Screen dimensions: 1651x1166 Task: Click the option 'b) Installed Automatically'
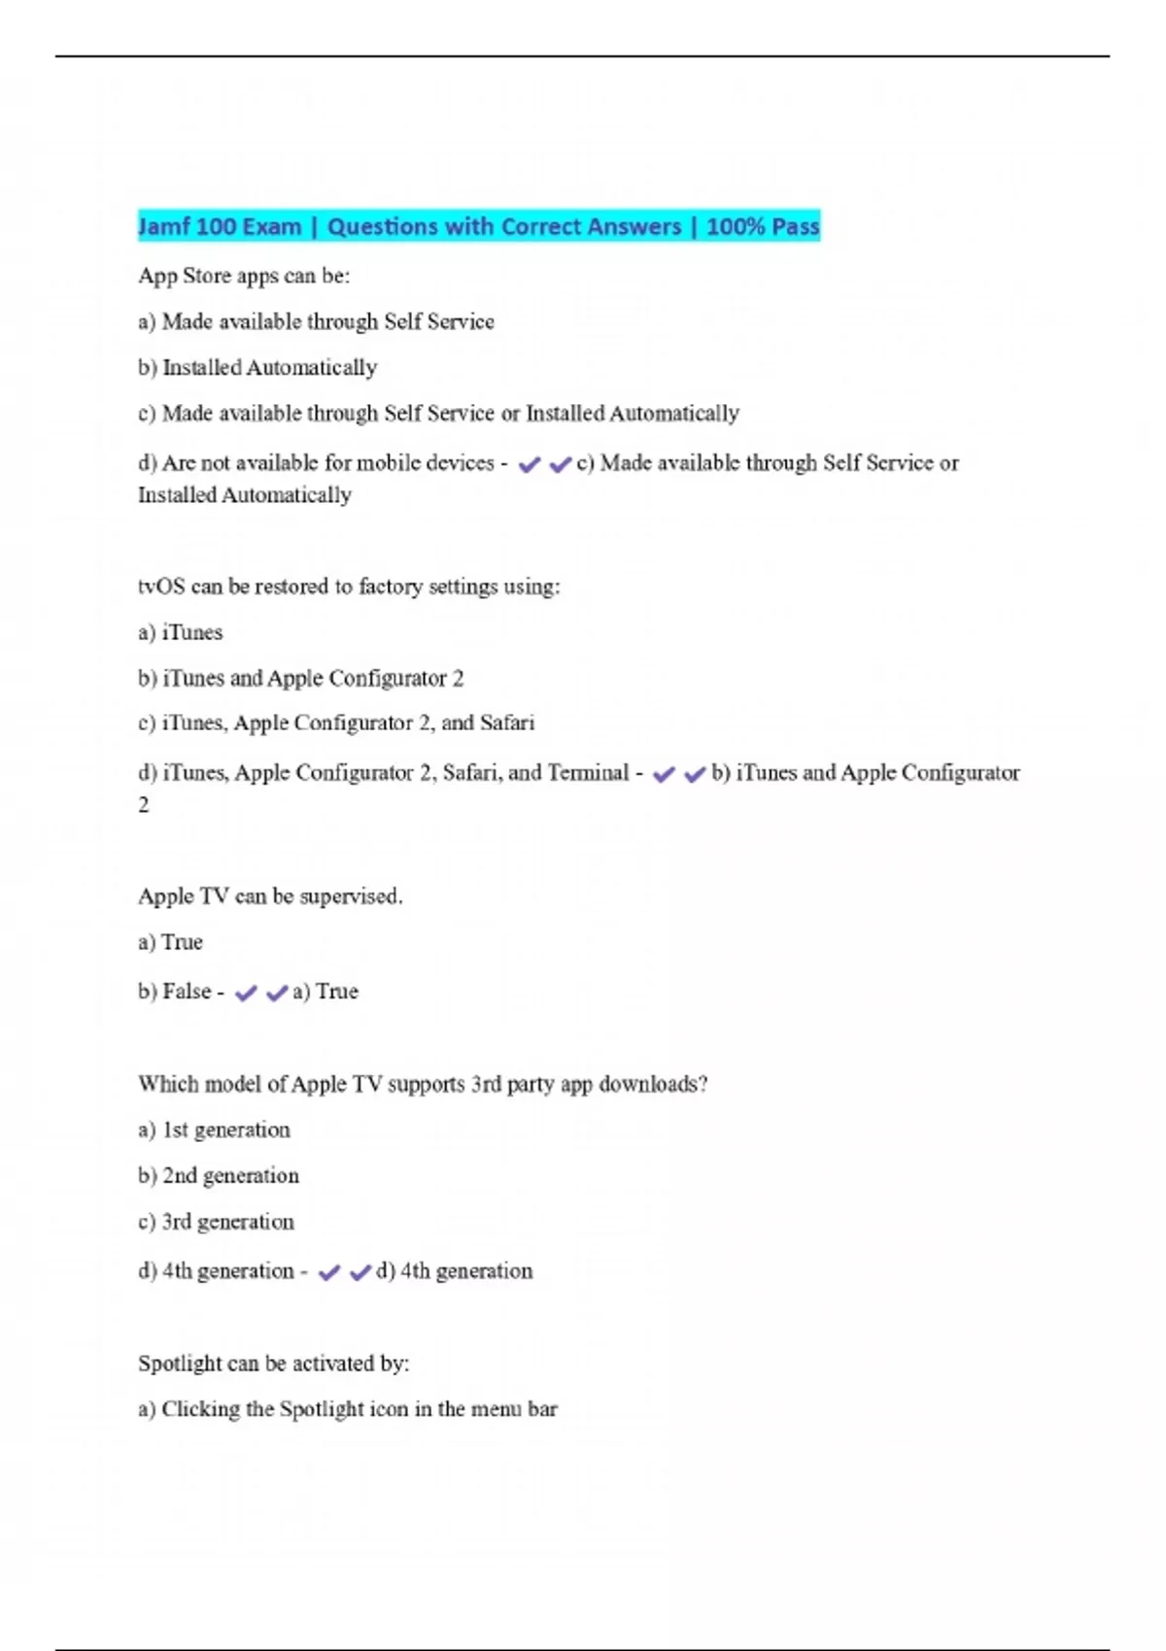(257, 367)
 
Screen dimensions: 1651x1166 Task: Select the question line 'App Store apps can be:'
(244, 276)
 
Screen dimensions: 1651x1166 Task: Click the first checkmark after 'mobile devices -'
(529, 465)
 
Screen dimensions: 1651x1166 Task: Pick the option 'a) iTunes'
(181, 632)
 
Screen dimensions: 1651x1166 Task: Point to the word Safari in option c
(507, 723)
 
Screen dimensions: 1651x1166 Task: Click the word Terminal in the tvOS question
(588, 773)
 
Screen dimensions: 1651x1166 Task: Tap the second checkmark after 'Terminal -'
(695, 775)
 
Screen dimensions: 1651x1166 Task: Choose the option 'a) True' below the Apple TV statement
(171, 942)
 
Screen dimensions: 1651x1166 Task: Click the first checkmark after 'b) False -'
(246, 994)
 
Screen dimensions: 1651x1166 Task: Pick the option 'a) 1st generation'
(214, 1129)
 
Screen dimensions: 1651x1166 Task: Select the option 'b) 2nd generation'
(219, 1175)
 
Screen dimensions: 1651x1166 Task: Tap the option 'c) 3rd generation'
(216, 1222)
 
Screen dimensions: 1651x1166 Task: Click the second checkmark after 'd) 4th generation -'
(360, 1272)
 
